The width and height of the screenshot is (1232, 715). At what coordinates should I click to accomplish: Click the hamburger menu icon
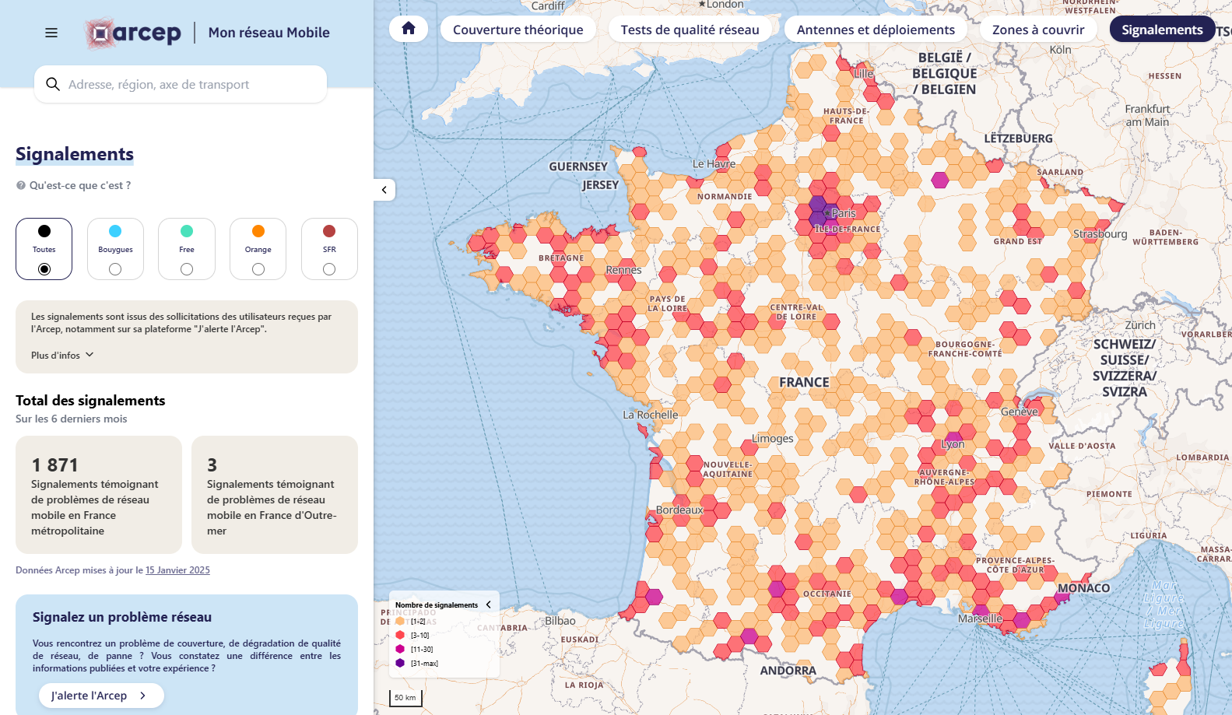51,33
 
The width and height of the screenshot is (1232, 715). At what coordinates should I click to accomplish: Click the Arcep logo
133,33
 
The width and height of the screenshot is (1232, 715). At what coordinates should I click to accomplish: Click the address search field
181,84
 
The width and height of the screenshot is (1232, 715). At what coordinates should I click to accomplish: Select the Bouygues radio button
115,269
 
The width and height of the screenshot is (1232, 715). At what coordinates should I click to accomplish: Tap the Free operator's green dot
187,231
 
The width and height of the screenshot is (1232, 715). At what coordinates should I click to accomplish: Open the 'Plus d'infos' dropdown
62,355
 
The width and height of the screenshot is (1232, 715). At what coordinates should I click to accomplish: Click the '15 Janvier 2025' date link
177,570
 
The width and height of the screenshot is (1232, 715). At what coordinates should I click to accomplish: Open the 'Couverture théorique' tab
518,30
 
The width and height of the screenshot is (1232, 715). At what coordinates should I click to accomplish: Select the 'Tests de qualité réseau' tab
690,30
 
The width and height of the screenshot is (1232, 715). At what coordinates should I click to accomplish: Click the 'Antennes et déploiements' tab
876,30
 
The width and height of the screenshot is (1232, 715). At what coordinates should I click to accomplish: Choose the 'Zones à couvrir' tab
1037,30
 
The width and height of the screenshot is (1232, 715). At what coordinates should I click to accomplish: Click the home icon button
409,29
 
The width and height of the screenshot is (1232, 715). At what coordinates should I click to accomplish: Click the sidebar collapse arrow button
384,190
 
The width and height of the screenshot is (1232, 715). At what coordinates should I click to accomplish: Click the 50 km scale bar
405,697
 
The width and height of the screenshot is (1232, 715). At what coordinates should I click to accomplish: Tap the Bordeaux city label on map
679,510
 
